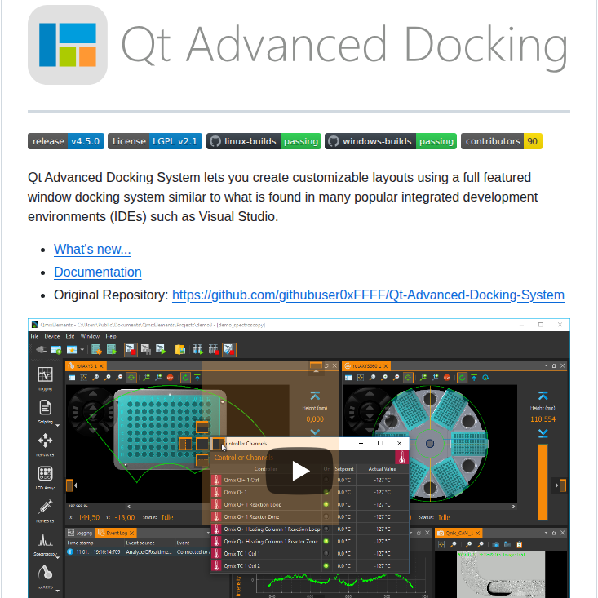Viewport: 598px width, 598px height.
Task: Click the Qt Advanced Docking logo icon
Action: [68, 45]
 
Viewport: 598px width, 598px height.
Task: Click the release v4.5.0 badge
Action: [65, 141]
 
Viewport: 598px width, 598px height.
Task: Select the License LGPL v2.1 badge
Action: [154, 141]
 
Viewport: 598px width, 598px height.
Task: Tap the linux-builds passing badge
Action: [264, 141]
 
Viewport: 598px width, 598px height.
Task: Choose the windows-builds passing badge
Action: [391, 141]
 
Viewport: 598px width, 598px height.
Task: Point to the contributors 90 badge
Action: [501, 141]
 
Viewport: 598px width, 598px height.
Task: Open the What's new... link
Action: [92, 250]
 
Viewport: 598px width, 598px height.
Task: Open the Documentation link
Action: [98, 272]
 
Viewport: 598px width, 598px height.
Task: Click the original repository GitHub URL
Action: [368, 295]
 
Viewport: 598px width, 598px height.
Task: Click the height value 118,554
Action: [543, 419]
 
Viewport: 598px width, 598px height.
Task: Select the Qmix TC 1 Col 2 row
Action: [257, 565]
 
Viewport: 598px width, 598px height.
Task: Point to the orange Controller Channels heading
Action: [246, 458]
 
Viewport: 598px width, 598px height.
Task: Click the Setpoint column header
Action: [343, 469]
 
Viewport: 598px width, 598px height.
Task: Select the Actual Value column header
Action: [381, 469]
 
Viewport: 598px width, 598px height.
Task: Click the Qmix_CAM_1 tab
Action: [459, 532]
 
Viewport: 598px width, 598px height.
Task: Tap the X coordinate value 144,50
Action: [90, 517]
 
